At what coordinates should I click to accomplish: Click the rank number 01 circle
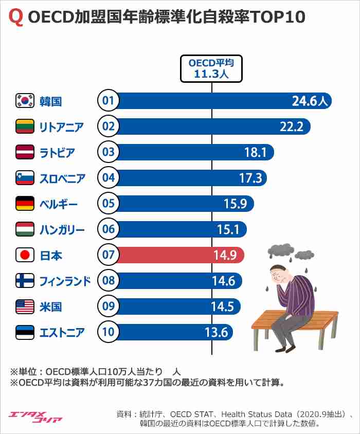pos(108,101)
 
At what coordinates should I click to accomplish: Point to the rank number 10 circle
pos(108,332)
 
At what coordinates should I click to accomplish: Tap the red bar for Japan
pos(180,255)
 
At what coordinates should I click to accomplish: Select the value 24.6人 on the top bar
pos(309,101)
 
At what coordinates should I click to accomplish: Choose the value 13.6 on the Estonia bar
pos(216,332)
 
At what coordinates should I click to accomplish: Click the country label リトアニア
pos(61,126)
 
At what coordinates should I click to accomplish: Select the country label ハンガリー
pos(62,229)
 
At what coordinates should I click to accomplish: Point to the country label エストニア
pos(62,332)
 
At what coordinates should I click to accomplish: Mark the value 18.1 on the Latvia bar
pos(255,152)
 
